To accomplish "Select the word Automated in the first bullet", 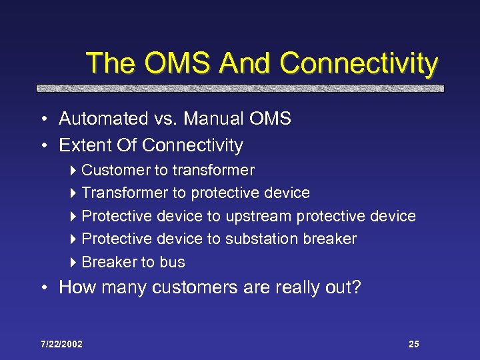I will pos(101,119).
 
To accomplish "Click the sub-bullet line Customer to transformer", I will pos(167,171).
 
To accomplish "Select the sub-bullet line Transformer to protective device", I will pos(195,193).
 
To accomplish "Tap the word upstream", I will pos(259,217).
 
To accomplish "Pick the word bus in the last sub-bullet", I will pos(173,263).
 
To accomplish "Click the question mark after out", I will pos(356,287).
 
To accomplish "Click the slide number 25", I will pos(413,344).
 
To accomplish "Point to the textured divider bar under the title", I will pos(240,88).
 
